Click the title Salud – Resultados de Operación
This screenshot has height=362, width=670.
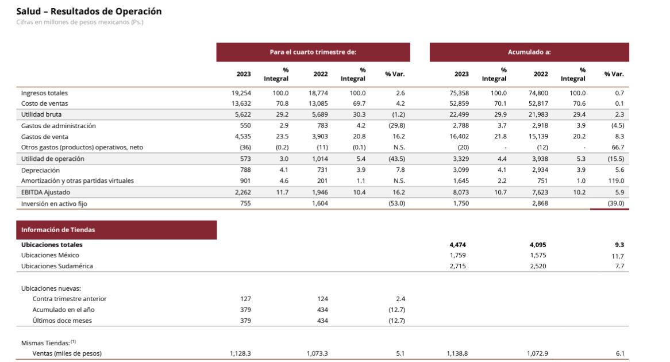[89, 11]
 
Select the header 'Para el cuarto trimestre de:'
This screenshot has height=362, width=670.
[313, 52]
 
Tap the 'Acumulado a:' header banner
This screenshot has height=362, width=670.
[529, 52]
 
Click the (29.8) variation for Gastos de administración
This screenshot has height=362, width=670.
[397, 126]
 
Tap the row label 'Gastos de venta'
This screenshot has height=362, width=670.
[45, 137]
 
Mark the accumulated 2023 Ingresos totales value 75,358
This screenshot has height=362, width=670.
[459, 93]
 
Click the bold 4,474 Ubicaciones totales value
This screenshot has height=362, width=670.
[458, 245]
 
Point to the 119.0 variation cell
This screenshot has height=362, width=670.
[615, 181]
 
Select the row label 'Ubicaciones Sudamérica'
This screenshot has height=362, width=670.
[57, 266]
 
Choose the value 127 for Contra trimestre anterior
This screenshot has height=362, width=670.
[245, 299]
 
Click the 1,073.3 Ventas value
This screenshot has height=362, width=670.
[317, 353]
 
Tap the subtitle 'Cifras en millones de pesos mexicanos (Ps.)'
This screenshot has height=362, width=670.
[80, 22]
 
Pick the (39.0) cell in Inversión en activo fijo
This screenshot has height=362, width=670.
[615, 203]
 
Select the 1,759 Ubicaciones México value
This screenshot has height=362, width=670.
[459, 255]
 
